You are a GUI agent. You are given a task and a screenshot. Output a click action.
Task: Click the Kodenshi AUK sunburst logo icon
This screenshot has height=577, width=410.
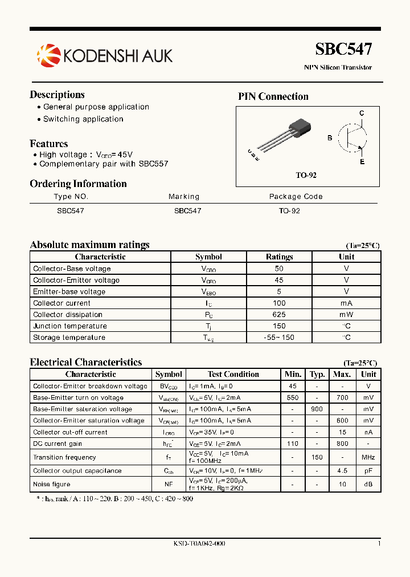click(48, 55)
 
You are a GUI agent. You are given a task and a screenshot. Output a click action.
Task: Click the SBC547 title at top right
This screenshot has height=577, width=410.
click(343, 50)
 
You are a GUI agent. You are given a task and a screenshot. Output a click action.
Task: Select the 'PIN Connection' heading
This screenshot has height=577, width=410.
click(273, 96)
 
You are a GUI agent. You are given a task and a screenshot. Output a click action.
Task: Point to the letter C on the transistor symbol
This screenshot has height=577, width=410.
click(361, 113)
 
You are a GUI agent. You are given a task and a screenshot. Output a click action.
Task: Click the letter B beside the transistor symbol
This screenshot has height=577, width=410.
click(329, 138)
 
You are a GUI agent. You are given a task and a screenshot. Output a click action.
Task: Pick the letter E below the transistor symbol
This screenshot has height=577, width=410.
click(362, 162)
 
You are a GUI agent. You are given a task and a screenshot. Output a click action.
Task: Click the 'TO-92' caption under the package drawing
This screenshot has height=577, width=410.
click(306, 175)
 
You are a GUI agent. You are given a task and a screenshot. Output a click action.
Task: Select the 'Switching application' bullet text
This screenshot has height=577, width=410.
click(83, 119)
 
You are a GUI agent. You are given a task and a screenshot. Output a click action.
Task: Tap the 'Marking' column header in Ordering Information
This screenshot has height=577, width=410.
click(184, 197)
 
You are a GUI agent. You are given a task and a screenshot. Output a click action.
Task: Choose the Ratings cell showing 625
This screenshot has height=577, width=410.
click(279, 315)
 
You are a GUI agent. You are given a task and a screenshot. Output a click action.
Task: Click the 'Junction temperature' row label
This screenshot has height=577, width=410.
click(70, 326)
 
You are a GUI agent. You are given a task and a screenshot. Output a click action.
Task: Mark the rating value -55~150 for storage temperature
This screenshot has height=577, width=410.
click(279, 338)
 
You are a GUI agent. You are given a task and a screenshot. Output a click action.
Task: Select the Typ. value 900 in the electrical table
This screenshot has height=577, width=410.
click(317, 409)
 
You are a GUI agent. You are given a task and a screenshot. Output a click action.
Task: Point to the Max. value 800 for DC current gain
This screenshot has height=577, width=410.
click(342, 444)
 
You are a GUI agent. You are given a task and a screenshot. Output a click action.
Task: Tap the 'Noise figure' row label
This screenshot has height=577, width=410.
click(52, 484)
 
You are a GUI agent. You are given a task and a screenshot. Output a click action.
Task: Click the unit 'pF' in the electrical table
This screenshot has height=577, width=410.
click(368, 471)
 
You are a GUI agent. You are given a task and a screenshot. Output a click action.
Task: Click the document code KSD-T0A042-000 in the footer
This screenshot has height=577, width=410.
click(199, 544)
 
